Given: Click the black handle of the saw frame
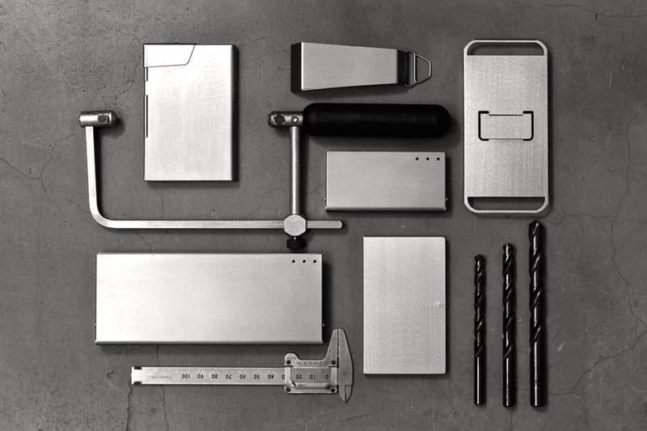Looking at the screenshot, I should [376, 120].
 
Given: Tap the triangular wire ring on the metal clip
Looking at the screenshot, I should [419, 69].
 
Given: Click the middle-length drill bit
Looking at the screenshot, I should [508, 323].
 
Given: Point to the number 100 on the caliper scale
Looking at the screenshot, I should [185, 376].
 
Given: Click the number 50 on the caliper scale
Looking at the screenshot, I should [256, 376].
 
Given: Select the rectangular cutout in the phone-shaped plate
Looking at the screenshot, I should [505, 125].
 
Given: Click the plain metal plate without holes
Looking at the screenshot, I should [404, 305].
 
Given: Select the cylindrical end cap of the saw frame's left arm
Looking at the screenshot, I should [96, 119].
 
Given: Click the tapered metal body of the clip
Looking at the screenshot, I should [348, 65].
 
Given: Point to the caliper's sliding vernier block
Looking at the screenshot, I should [311, 373].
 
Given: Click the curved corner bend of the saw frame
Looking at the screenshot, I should [99, 217].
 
